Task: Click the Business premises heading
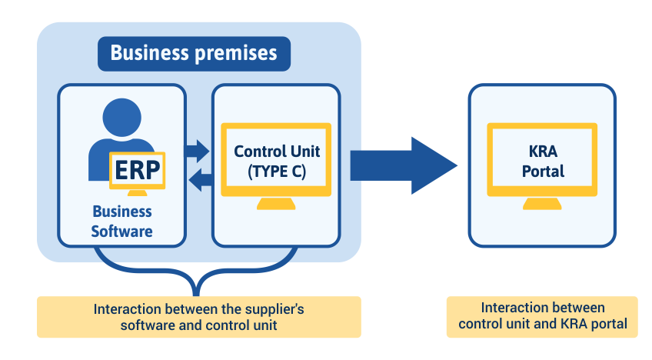tap(193, 53)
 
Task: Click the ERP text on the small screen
tap(138, 171)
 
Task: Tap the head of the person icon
tap(122, 118)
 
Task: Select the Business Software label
tap(122, 221)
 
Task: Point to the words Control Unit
tap(276, 151)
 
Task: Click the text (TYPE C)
tap(277, 172)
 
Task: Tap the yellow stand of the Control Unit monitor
tap(276, 205)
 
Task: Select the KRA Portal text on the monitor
tap(543, 162)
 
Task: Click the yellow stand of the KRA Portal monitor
tap(543, 205)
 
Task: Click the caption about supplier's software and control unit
tap(198, 317)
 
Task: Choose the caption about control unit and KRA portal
tap(542, 316)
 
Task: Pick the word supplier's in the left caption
tap(274, 309)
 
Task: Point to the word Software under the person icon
tap(122, 230)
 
